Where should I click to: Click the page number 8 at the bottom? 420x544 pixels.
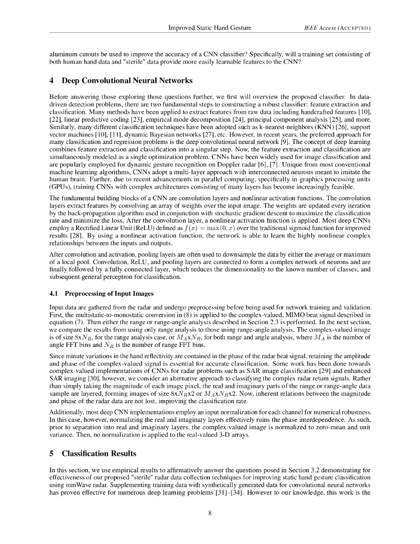click(x=210, y=513)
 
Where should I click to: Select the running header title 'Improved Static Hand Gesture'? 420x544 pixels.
click(x=210, y=27)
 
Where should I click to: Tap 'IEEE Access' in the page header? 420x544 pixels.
click(x=315, y=27)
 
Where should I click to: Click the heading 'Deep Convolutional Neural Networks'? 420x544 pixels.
click(x=126, y=81)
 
